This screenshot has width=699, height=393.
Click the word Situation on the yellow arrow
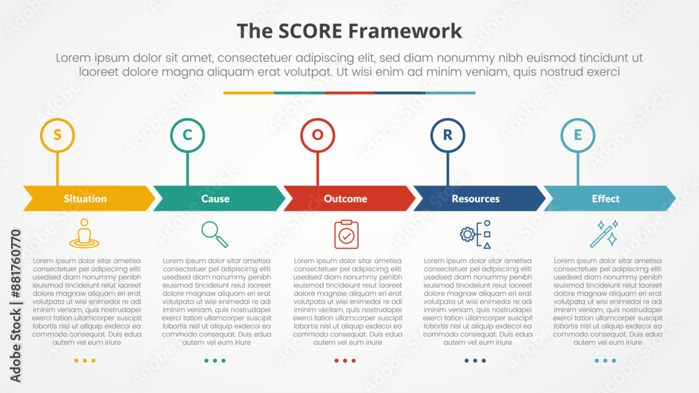(85, 198)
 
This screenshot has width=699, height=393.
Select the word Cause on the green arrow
(215, 198)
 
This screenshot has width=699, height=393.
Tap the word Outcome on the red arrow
(345, 198)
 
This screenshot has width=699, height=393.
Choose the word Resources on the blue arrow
(475, 198)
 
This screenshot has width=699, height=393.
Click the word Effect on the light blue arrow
(606, 198)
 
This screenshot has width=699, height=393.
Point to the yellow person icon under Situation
(85, 233)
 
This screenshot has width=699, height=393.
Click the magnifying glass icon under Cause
(215, 234)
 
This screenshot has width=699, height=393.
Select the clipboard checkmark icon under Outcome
(347, 234)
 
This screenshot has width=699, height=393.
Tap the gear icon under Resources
(467, 234)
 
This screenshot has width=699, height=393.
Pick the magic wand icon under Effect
(604, 234)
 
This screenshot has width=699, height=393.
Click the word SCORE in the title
(310, 31)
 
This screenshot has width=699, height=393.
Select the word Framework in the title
(405, 31)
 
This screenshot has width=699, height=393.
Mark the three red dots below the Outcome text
(345, 360)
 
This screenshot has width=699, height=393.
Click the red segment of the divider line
(349, 93)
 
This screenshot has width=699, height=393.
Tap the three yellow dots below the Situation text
(85, 360)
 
